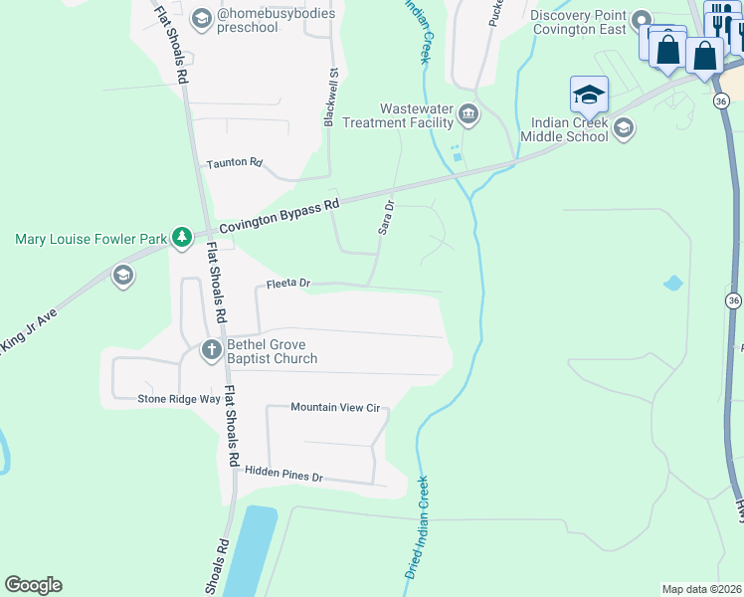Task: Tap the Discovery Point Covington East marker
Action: [x=642, y=19]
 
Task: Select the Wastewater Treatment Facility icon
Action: [x=468, y=115]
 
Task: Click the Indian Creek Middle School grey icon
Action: [x=623, y=127]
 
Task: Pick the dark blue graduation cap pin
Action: [x=589, y=94]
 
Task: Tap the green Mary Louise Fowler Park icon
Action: [x=181, y=237]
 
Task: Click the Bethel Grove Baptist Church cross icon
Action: [x=211, y=349]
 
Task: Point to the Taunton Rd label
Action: [x=234, y=163]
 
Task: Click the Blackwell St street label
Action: [x=331, y=97]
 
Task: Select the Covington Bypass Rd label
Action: [x=279, y=215]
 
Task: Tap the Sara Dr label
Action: [x=386, y=217]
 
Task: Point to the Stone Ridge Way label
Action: [x=178, y=399]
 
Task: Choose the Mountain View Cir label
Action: [x=336, y=407]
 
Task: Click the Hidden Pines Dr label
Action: [x=284, y=477]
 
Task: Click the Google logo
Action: [x=33, y=585]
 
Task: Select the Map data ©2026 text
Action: [x=701, y=588]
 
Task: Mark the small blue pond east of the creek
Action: [x=673, y=283]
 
